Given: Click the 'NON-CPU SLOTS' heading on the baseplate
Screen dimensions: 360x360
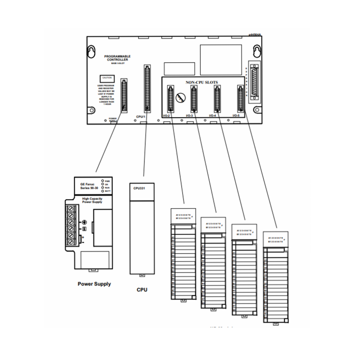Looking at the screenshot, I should click(x=201, y=82).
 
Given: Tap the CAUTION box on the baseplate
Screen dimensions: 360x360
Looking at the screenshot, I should click(x=107, y=78).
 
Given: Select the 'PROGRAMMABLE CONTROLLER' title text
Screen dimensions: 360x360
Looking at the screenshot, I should click(x=117, y=58).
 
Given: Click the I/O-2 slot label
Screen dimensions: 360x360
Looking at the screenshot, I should click(x=166, y=116).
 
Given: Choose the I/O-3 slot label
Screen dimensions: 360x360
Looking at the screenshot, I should click(x=189, y=116).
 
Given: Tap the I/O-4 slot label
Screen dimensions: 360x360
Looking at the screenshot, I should click(x=212, y=116).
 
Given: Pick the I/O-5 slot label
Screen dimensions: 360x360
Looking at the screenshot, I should click(x=236, y=116).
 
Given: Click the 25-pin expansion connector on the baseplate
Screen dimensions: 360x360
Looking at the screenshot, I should click(x=254, y=82).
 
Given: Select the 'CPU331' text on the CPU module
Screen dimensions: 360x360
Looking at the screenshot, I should click(x=139, y=188).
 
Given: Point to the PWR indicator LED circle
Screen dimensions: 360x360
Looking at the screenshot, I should click(x=102, y=181).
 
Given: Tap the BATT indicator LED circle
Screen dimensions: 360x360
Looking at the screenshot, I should click(x=102, y=191).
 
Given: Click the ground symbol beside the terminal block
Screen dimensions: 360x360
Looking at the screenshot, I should click(x=84, y=223).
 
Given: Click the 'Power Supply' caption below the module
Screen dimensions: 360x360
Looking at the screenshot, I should click(x=94, y=284).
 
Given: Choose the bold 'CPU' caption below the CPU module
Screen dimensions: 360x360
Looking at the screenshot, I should click(x=142, y=290).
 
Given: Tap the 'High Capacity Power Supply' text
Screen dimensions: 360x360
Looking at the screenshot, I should click(x=92, y=200).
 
